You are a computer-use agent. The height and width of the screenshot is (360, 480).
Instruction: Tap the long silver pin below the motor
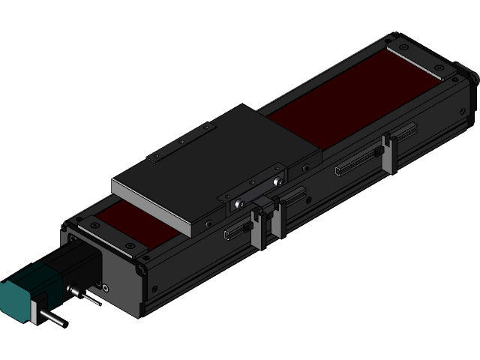point(52,318)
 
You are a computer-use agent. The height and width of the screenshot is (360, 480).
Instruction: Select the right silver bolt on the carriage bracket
point(278,182)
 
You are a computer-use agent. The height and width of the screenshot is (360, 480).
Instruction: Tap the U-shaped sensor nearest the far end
point(388,153)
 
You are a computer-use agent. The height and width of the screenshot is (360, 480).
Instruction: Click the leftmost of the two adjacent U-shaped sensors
point(257,229)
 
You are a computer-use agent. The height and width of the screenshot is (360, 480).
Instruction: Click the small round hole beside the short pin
point(105,287)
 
